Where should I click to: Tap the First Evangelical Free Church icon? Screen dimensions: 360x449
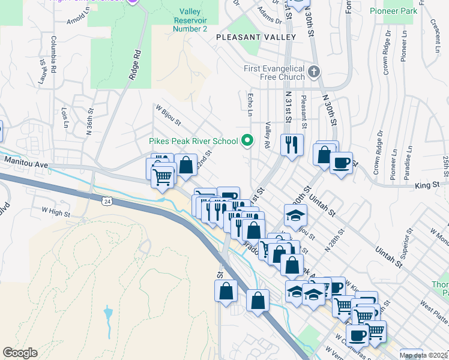tap(313, 73)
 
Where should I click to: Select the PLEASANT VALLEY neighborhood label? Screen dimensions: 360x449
tap(257, 37)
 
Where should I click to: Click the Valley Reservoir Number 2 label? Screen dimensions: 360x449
tap(190, 20)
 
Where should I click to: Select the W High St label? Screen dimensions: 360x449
tap(56, 211)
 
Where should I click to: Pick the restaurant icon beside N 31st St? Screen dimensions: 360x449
tap(292, 145)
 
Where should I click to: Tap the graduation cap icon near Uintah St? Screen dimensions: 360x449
tap(296, 215)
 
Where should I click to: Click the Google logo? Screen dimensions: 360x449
tap(20, 353)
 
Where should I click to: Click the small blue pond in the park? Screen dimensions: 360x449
tap(107, 314)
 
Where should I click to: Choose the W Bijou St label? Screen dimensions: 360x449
tap(169, 116)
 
